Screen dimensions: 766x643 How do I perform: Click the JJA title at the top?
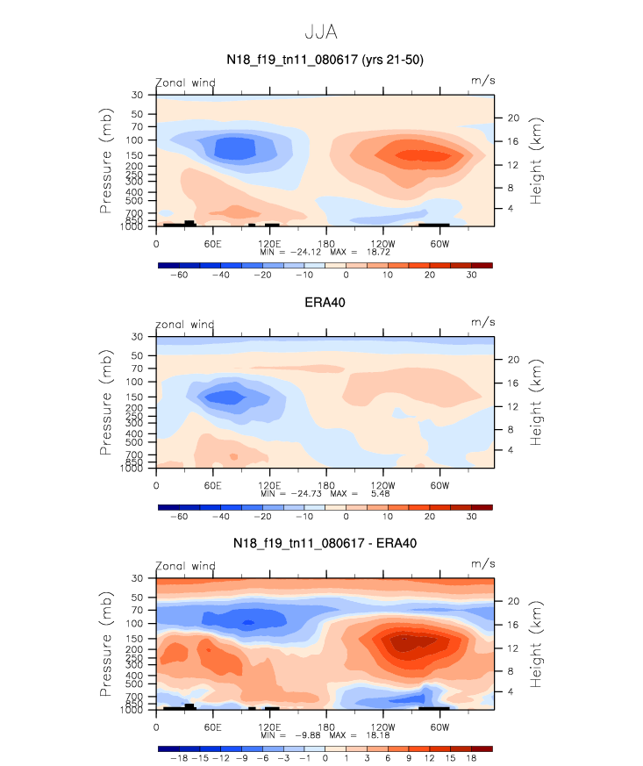pyautogui.click(x=320, y=32)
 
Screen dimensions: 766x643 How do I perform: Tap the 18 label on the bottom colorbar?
pyautogui.click(x=472, y=758)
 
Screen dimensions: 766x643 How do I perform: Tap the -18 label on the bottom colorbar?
pyautogui.click(x=179, y=758)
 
